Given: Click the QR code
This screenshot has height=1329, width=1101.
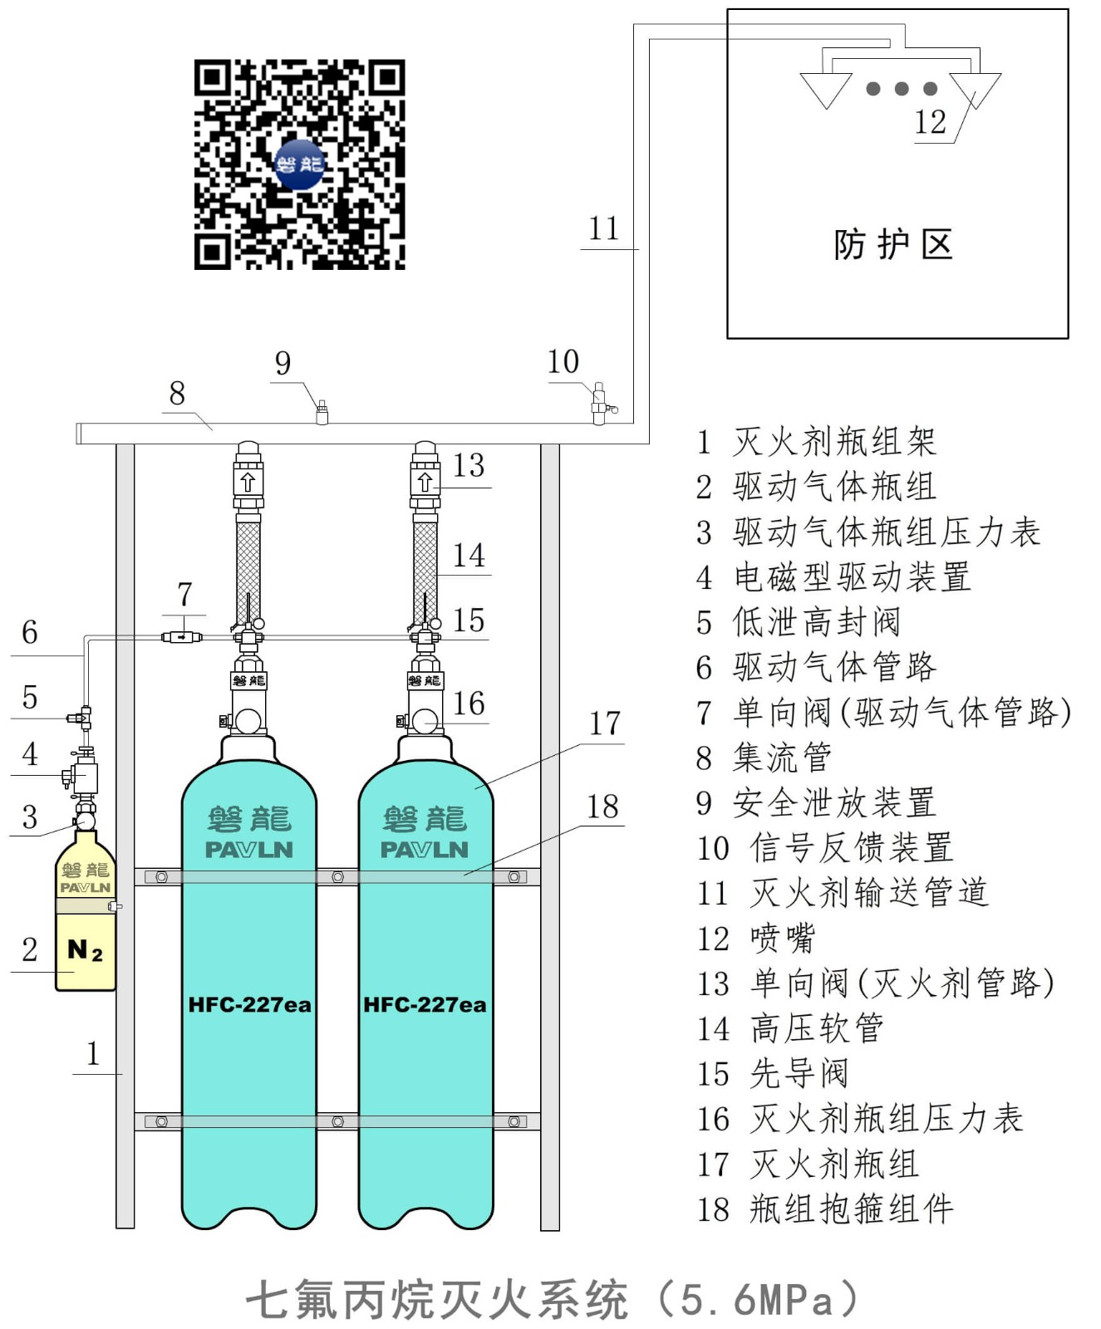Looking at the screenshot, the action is pos(299,164).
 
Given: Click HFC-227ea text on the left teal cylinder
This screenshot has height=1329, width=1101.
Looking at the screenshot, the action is pos(249,1004).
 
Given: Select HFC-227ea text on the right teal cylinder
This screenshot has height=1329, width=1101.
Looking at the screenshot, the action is pos(425,1004).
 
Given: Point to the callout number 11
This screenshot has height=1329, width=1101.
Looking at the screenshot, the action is pos(604,228).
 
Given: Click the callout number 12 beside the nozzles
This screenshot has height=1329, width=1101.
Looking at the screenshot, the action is pos(930,122).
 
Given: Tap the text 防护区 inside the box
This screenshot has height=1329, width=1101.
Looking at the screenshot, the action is pos(893,244).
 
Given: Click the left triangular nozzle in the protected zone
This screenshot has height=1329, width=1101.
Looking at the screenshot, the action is pos(826,91).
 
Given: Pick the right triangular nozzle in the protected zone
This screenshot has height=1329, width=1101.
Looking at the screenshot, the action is pos(975,91).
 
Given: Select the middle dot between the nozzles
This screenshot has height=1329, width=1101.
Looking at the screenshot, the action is pos(902,89).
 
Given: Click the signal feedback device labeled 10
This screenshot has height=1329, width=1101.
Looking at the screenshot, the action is pos(600,405).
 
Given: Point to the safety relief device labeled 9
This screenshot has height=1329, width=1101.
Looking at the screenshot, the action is pos(322,412).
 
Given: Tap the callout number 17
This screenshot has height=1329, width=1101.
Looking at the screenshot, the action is pos(605,723).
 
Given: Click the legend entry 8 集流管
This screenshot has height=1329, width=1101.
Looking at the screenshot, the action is pos(764,758).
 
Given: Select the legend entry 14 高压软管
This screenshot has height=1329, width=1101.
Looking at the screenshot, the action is pos(790,1028).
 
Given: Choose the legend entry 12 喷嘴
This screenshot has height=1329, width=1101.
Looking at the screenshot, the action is pos(756,939).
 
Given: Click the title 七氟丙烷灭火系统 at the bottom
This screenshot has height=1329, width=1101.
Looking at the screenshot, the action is pos(437,1299).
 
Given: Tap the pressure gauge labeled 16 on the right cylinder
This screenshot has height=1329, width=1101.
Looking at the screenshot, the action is pos(425,720).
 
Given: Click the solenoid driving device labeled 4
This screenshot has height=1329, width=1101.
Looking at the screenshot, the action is pos(82,776).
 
